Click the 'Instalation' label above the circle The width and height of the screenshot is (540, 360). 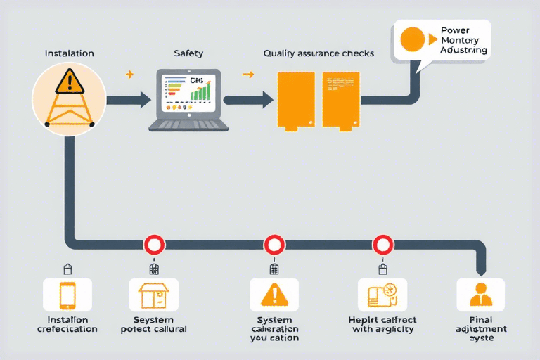pyautogui.click(x=69, y=53)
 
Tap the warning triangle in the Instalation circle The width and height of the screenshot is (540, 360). pyautogui.click(x=69, y=83)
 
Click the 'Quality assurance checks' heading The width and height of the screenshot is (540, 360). pyautogui.click(x=319, y=53)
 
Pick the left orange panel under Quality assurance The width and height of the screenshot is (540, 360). pyautogui.click(x=295, y=98)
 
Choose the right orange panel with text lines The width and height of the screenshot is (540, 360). pyautogui.click(x=341, y=98)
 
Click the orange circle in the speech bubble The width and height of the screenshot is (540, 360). pyautogui.click(x=412, y=39)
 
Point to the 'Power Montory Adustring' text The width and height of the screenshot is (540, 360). pyautogui.click(x=462, y=41)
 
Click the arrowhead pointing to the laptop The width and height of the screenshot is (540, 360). pyautogui.click(x=145, y=99)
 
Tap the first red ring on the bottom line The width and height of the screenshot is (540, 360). pyautogui.click(x=154, y=245)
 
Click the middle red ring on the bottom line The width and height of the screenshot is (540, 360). pyautogui.click(x=274, y=245)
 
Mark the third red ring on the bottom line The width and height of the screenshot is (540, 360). pyautogui.click(x=383, y=245)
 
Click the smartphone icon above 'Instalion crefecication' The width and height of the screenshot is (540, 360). pyautogui.click(x=67, y=295)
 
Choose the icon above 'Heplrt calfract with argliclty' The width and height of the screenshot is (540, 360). pyautogui.click(x=382, y=295)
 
